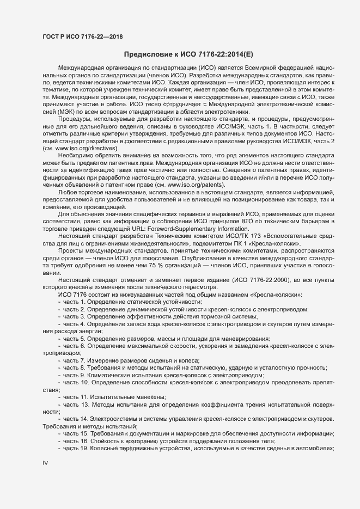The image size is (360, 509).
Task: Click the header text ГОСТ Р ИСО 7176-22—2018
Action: click(x=82, y=36)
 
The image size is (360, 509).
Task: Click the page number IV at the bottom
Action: click(x=46, y=463)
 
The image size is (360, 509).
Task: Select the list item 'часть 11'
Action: click(x=114, y=397)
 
